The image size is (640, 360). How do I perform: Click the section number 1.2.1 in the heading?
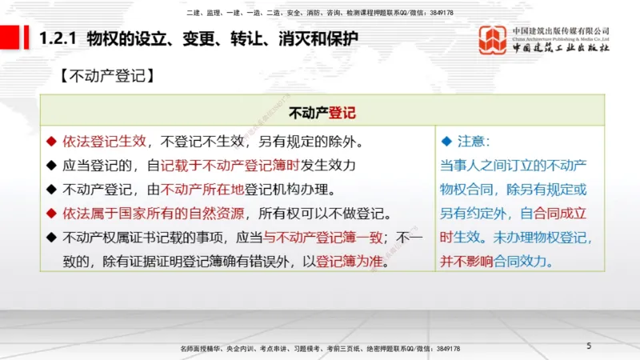(x=57, y=38)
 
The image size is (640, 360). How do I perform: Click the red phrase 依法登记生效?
(x=105, y=142)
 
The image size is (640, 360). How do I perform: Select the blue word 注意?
(x=472, y=142)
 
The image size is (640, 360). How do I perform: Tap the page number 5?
(x=589, y=346)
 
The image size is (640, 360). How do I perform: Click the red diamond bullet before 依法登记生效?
(x=52, y=142)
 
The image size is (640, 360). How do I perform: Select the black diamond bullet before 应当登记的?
(x=52, y=166)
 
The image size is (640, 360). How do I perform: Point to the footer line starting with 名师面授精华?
(x=320, y=349)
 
